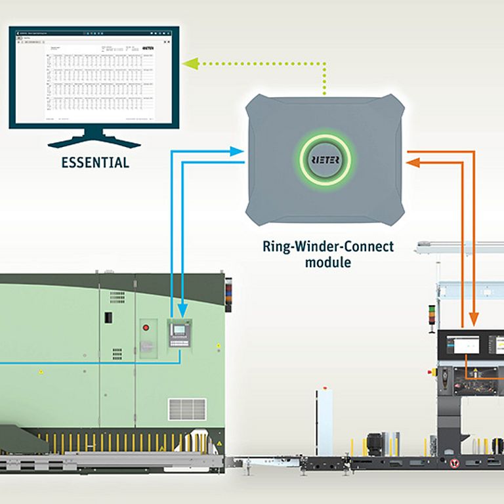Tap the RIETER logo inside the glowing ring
click(x=325, y=159)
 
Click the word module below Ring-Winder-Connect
click(x=328, y=262)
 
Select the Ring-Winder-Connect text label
click(x=328, y=247)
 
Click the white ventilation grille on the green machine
click(x=187, y=409)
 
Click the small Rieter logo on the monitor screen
click(x=148, y=48)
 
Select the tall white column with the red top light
click(x=325, y=420)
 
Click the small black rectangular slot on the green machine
click(x=108, y=318)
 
